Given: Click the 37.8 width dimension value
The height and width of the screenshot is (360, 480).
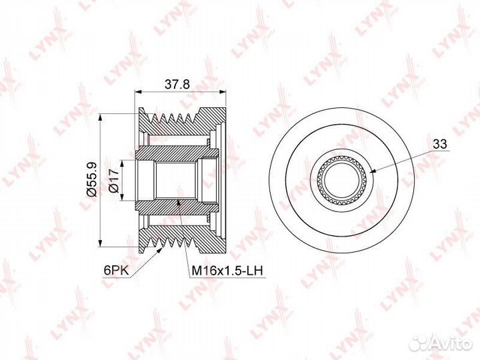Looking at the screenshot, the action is click(x=177, y=84).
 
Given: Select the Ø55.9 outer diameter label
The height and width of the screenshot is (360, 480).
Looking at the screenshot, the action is click(x=91, y=179).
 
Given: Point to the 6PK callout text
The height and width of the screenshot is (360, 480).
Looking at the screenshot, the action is click(x=116, y=270).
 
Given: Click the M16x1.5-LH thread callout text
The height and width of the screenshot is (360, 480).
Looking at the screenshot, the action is click(x=227, y=271).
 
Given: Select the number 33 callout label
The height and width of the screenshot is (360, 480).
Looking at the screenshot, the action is click(x=440, y=144).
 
